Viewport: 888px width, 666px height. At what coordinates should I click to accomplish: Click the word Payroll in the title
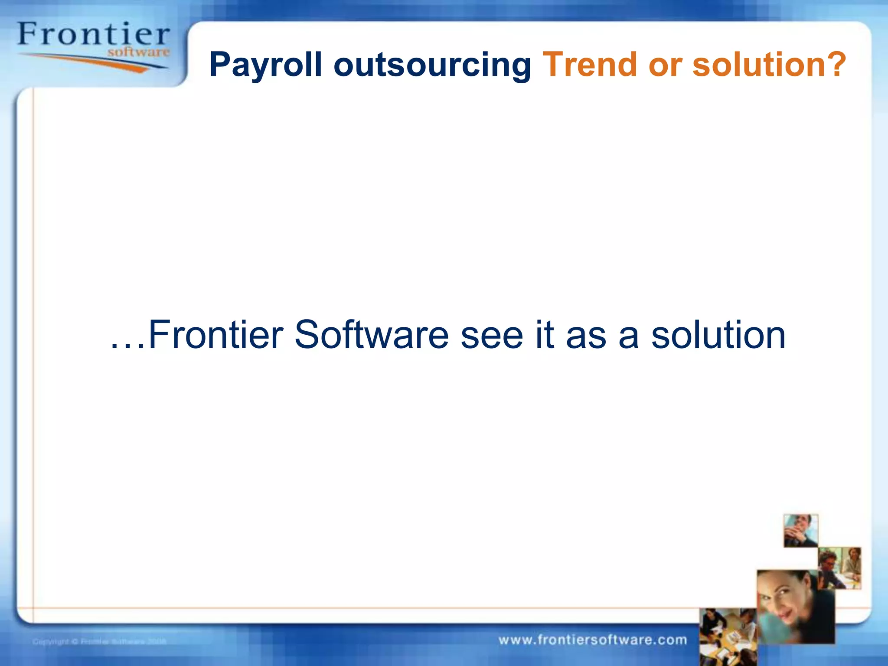point(265,65)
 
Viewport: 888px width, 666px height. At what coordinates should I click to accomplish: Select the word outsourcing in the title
point(432,65)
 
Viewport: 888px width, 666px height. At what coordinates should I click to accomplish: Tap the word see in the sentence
point(492,335)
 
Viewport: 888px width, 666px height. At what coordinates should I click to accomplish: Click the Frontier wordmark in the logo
point(93,35)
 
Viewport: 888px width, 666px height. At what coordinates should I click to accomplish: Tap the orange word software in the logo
point(138,52)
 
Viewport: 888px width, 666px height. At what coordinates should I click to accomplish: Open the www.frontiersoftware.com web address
point(593,640)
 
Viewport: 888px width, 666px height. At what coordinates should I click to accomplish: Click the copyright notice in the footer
point(99,641)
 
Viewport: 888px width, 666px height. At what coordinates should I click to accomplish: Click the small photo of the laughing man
point(800,531)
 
